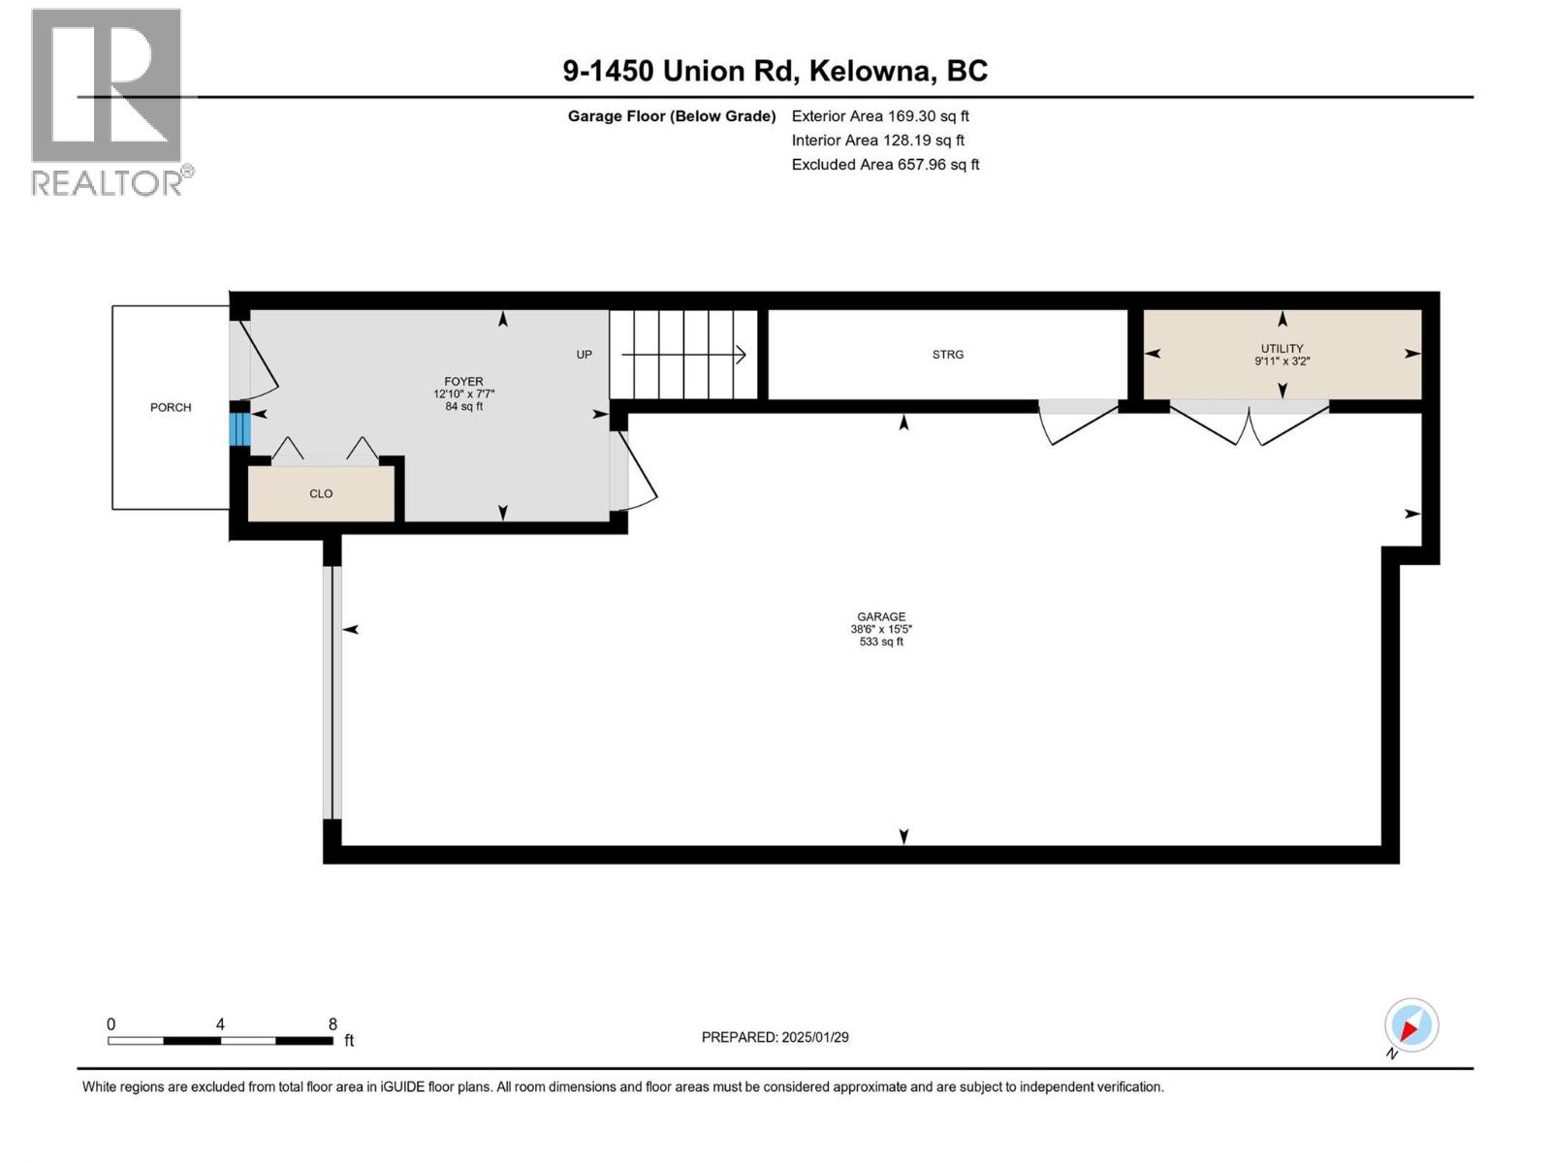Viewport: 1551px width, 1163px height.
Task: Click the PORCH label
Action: pos(171,407)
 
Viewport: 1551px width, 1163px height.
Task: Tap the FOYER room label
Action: pos(463,381)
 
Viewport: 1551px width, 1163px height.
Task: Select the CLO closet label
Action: pos(321,493)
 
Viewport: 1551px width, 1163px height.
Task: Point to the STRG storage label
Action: pos(947,355)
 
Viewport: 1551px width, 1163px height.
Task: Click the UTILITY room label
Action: pos(1282,348)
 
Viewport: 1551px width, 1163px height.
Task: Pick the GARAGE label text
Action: pos(881,616)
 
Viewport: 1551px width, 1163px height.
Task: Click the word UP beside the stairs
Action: pos(584,355)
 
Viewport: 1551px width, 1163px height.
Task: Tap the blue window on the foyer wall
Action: pos(239,429)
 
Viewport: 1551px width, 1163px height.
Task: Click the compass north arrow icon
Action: pos(1411,1025)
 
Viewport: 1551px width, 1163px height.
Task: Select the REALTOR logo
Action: pos(111,103)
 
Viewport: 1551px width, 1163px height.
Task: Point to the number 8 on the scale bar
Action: pos(332,1023)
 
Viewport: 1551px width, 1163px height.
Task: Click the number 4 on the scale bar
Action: pos(220,1023)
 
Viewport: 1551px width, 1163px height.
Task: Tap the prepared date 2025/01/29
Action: pos(814,1037)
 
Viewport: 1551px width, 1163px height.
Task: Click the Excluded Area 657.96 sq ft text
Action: pos(885,165)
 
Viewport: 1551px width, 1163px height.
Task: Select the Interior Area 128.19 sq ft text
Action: pos(877,141)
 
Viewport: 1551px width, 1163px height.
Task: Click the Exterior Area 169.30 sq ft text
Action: pos(880,116)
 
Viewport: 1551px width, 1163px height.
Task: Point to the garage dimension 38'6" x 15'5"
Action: pos(881,629)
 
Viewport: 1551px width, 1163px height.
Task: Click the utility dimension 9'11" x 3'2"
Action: pos(1282,361)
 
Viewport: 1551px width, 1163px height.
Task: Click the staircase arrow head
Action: pos(742,355)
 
